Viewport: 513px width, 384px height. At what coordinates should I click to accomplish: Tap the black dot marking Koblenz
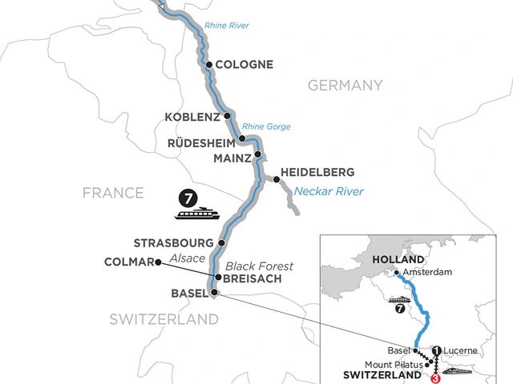(x=227, y=117)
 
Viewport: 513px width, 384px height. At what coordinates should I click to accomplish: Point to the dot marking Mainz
(x=258, y=154)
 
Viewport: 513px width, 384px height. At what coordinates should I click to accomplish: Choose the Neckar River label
(x=329, y=191)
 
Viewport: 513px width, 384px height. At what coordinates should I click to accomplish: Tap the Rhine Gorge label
(x=268, y=126)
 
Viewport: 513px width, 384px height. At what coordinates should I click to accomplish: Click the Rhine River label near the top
(x=226, y=26)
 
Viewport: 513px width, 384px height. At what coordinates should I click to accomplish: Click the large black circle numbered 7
(x=188, y=198)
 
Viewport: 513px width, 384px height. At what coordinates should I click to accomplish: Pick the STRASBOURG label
(x=176, y=242)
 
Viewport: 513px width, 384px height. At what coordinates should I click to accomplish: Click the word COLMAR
(x=127, y=261)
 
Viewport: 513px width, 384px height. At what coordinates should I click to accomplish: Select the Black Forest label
(x=259, y=266)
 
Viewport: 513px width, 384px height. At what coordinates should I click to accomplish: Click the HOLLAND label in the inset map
(x=398, y=261)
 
